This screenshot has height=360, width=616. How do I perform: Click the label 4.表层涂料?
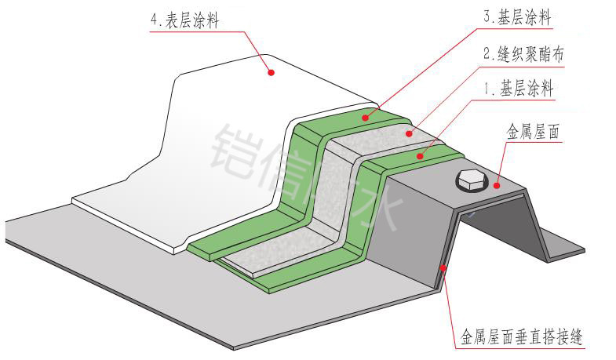coord(184,20)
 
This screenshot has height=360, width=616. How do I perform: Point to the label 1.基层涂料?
coord(519,89)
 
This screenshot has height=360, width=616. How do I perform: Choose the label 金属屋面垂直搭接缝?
coord(521,339)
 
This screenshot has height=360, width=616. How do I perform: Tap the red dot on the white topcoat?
coord(272,72)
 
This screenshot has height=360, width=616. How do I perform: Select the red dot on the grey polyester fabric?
coord(408,134)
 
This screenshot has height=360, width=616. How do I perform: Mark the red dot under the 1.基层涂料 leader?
coord(421,156)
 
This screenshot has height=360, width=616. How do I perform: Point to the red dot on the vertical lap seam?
coord(444,268)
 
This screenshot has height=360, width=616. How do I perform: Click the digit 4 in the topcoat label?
coord(153,20)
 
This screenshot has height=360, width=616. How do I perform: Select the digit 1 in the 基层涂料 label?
coord(487,89)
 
